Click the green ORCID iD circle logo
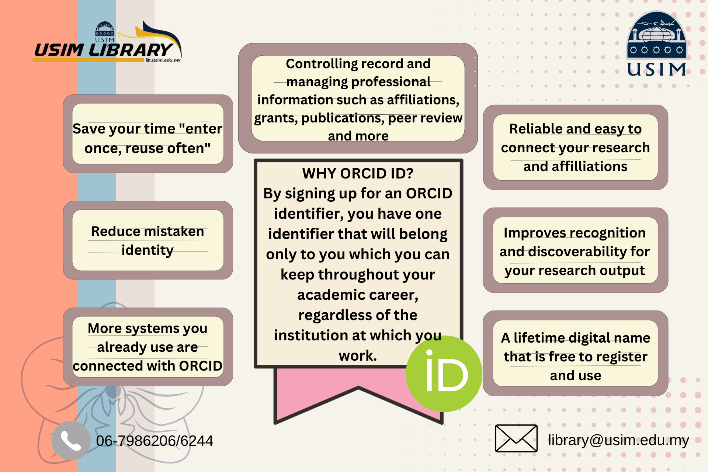444,374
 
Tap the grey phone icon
71,440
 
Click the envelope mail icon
516,438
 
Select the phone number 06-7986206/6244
155,441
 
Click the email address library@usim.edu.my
618,440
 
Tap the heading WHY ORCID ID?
358,173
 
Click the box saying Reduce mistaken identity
148,240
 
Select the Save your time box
148,133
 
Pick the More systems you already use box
148,347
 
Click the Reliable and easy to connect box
575,147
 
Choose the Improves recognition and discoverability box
575,250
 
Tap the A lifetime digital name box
575,353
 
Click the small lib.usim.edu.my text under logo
163,60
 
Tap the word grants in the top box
276,118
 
